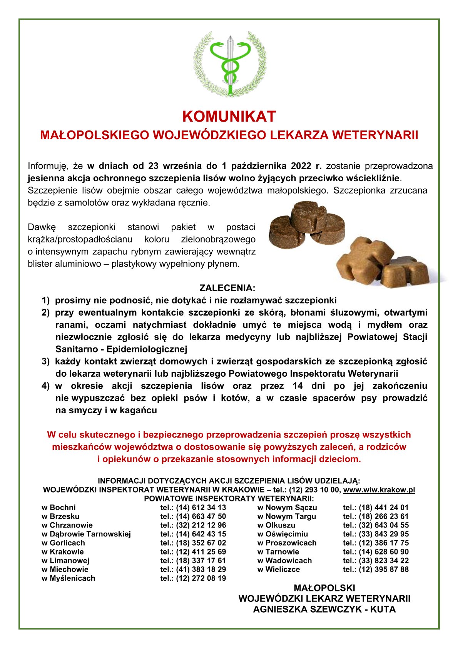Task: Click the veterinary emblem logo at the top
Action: coord(229,64)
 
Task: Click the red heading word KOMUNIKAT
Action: coord(229,117)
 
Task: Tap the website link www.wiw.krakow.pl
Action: coord(379,490)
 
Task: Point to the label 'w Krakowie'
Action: coord(63,552)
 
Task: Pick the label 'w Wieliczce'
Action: coord(279,570)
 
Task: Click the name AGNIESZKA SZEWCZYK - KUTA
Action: coord(324,610)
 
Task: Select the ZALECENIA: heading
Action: coord(227,288)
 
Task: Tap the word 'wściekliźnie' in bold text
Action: coord(375,179)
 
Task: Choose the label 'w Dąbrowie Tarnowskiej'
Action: coord(86,534)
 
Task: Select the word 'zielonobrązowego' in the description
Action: coord(218,239)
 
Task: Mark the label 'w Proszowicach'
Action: coord(287,543)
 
